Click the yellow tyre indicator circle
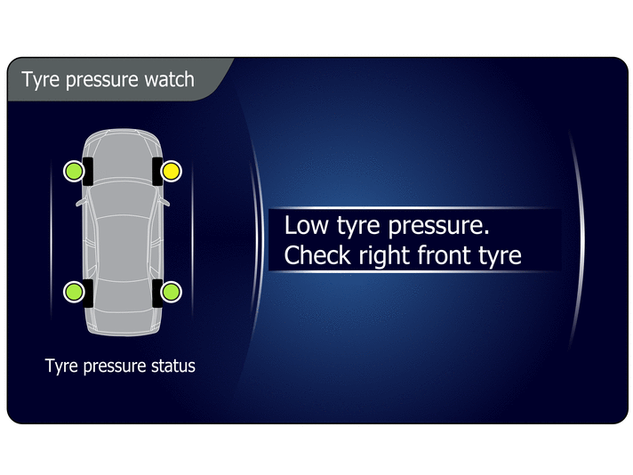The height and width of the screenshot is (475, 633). coord(172,172)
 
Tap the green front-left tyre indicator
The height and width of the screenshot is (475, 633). coord(75,172)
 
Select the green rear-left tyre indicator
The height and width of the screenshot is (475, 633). coord(75,292)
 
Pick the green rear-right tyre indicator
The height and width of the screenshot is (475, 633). coord(172,292)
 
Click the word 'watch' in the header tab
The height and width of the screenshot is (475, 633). coord(170,79)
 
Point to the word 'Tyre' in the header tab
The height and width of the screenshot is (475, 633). coord(40,80)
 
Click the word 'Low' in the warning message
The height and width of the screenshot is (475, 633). coord(307,225)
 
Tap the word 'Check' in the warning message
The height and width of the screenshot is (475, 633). coord(317,255)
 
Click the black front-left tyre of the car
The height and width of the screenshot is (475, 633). coord(88,172)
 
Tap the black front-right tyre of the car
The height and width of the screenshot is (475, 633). coord(157,172)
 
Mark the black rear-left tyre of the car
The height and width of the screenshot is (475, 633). coord(88,293)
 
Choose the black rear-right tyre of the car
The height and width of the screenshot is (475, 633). coord(157,293)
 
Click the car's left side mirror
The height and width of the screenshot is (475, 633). coord(81,202)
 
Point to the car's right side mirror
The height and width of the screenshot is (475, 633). coord(164,202)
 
